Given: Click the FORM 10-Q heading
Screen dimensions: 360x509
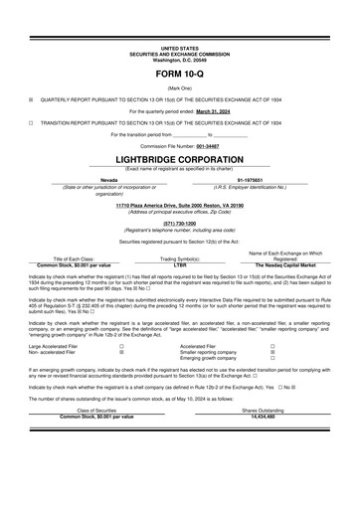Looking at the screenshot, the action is (x=180, y=76).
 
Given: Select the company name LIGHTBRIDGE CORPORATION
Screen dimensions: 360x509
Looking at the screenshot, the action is (x=179, y=158).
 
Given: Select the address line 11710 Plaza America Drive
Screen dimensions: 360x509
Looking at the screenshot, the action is (x=179, y=206).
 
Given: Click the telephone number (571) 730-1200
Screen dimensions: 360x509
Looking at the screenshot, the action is (x=179, y=223).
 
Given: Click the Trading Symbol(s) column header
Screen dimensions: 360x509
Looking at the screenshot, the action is (x=179, y=258).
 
